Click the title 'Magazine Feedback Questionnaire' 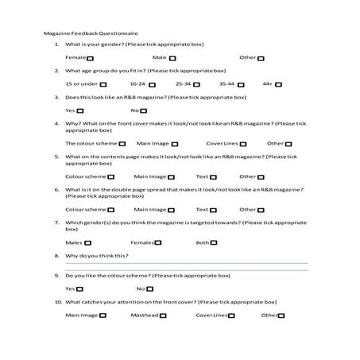(x=91, y=34)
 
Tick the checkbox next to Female (x=89, y=58)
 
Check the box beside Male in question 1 (x=172, y=58)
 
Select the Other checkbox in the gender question (x=261, y=58)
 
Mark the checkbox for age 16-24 (x=151, y=83)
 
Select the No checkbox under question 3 (x=144, y=110)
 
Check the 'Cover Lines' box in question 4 (x=243, y=144)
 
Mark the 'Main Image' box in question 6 (x=173, y=210)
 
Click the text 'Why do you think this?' (x=96, y=256)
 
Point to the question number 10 (x=58, y=302)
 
